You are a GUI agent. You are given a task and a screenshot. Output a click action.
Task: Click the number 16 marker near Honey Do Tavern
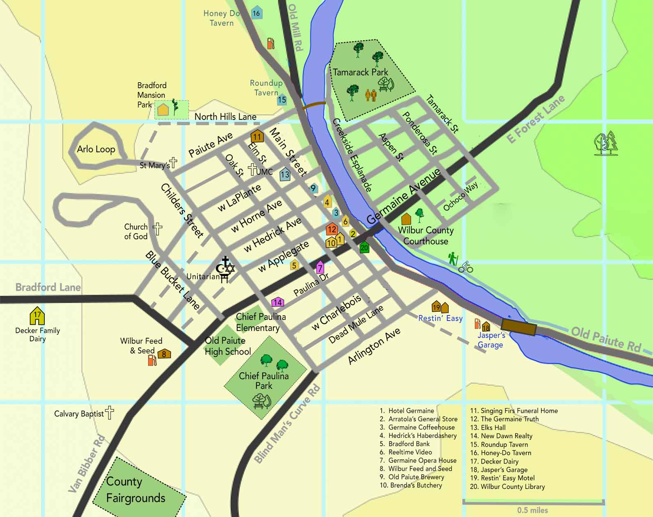click(256, 13)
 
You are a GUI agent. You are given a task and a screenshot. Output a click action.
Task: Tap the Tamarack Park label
click(360, 72)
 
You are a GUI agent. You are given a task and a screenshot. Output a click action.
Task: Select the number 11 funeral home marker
click(257, 136)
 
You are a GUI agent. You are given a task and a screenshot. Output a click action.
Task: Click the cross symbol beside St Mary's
click(174, 163)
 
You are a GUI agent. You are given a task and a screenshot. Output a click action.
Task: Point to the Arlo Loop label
click(96, 149)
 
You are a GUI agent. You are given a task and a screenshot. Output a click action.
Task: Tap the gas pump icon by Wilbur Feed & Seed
click(152, 360)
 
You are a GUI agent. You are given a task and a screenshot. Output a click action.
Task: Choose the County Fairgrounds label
click(135, 490)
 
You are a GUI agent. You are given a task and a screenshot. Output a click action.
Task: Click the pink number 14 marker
click(277, 302)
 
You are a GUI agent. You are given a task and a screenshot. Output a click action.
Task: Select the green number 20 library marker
click(364, 247)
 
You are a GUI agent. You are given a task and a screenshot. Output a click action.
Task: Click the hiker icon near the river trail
click(452, 259)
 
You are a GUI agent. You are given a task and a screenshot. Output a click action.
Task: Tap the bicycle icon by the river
click(466, 268)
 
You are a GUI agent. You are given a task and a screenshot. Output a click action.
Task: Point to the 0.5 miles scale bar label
click(532, 510)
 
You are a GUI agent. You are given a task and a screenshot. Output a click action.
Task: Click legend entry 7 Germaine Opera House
click(422, 460)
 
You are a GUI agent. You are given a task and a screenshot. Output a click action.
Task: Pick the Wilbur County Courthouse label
click(426, 236)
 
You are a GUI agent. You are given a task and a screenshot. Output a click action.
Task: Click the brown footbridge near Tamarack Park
click(314, 105)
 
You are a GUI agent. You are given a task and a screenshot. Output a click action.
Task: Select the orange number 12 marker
click(332, 229)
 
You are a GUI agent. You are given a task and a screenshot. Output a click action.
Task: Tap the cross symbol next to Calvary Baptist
click(110, 412)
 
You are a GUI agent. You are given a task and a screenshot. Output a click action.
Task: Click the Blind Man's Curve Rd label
click(287, 425)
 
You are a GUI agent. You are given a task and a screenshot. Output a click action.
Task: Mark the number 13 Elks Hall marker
click(285, 174)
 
